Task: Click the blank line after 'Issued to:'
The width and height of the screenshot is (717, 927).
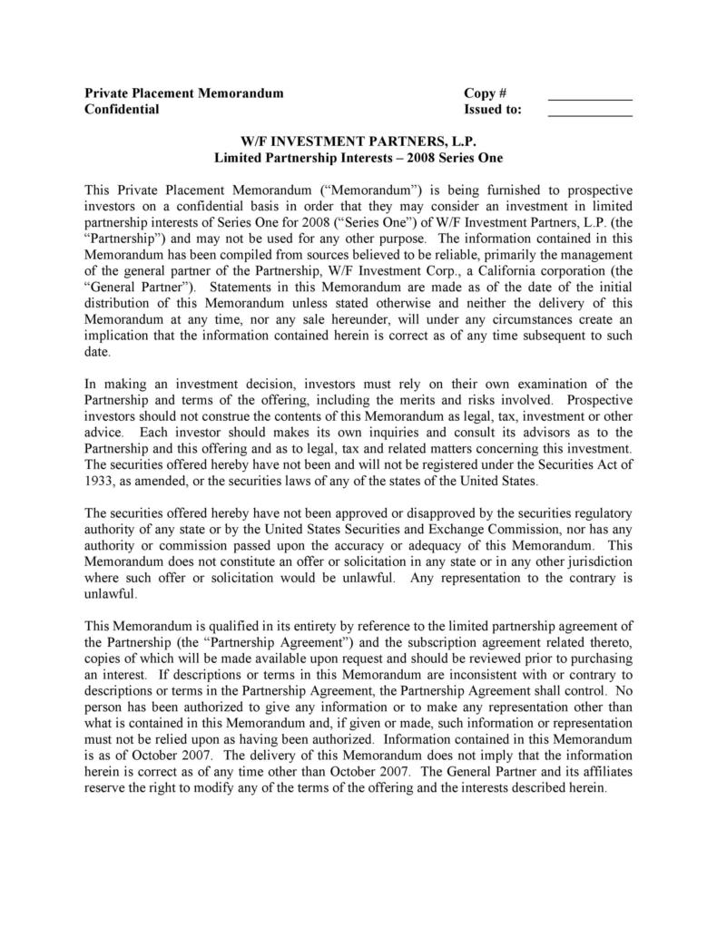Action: click(590, 114)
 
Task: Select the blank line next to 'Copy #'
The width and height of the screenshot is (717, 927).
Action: click(590, 98)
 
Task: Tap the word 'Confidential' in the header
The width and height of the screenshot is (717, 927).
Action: click(122, 110)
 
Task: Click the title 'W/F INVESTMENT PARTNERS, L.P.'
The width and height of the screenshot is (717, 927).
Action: click(358, 142)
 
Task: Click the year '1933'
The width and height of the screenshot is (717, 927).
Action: click(99, 480)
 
